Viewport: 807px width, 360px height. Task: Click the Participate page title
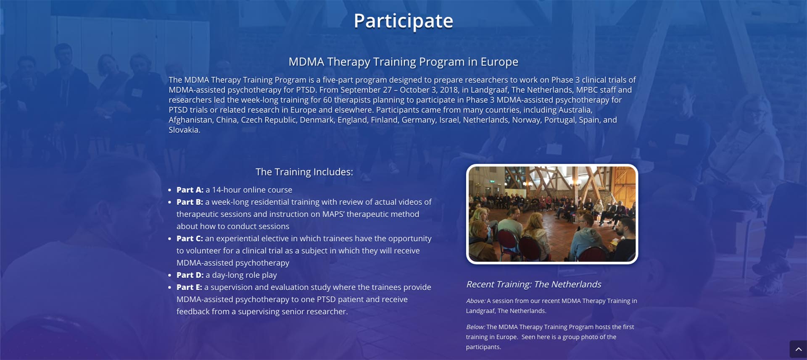tap(403, 21)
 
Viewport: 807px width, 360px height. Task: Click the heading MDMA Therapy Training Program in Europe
tap(403, 62)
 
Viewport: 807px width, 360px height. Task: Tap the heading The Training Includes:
tap(304, 172)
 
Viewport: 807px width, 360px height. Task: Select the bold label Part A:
tap(190, 190)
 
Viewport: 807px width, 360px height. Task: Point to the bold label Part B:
tap(190, 202)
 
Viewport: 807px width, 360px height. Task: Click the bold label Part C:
tap(190, 239)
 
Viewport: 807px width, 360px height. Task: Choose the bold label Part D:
tap(190, 275)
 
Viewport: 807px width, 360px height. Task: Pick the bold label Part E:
tap(189, 287)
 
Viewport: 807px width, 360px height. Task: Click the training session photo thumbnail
tap(552, 214)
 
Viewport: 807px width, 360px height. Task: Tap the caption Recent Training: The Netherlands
tap(533, 284)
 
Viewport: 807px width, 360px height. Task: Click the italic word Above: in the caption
tap(476, 301)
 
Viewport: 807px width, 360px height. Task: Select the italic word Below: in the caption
tap(475, 327)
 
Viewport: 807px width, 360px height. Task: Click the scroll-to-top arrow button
tap(798, 349)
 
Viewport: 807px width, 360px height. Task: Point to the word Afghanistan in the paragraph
tap(190, 120)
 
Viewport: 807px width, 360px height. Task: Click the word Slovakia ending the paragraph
tap(183, 130)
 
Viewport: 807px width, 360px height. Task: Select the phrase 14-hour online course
tap(252, 190)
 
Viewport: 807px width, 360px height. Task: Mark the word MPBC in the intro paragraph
tap(587, 90)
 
